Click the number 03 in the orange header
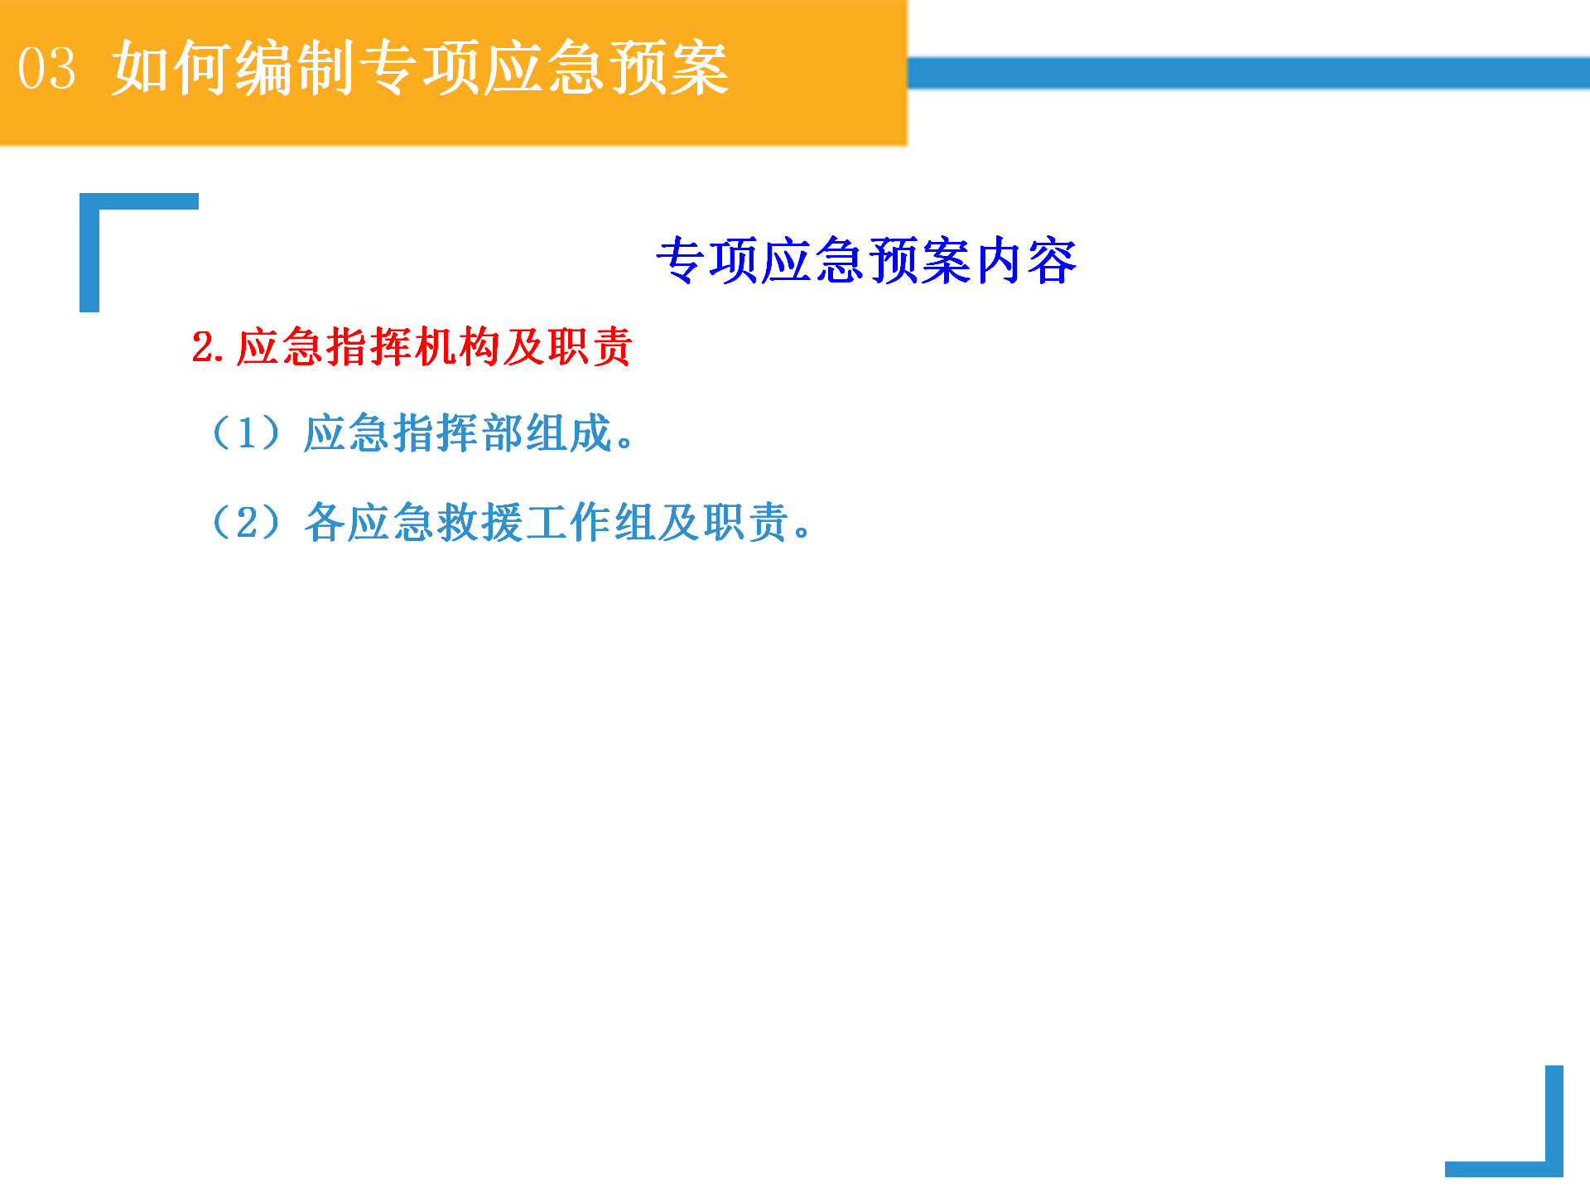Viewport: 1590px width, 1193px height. tap(47, 68)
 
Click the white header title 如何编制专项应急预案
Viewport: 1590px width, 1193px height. tap(421, 68)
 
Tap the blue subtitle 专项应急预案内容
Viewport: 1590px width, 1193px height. tap(866, 261)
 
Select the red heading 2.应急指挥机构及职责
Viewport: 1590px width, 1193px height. tap(412, 347)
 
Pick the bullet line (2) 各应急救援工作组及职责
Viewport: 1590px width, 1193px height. tap(510, 522)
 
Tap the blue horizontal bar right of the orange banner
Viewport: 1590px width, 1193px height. tap(1249, 73)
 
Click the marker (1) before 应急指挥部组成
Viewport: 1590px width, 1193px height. tap(247, 433)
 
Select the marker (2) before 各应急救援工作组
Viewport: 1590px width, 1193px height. tap(247, 522)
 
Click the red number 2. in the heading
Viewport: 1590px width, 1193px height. tap(208, 347)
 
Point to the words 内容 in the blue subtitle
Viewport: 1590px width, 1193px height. tap(1026, 261)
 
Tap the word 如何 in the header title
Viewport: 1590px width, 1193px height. tap(171, 68)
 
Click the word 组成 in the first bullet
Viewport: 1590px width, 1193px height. tap(569, 433)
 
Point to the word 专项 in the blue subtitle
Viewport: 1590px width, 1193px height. tap(706, 261)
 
